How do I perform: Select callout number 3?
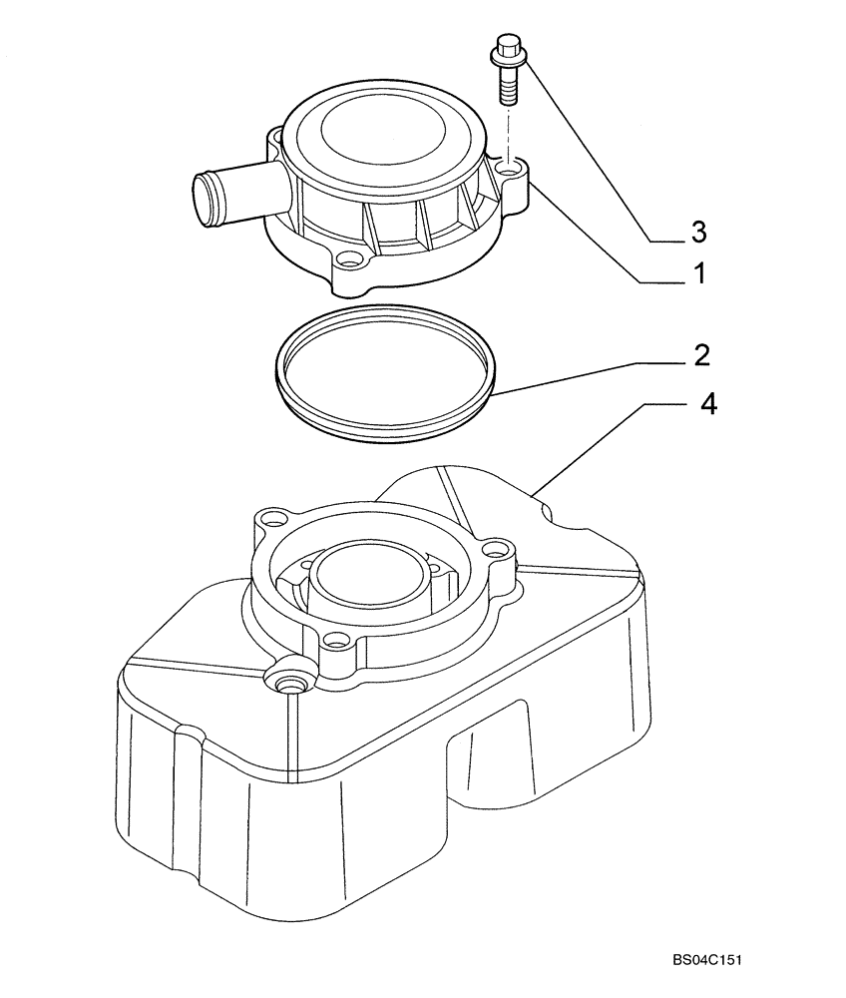[x=698, y=232]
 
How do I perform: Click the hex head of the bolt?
[x=507, y=48]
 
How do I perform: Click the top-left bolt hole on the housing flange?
[x=267, y=519]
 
